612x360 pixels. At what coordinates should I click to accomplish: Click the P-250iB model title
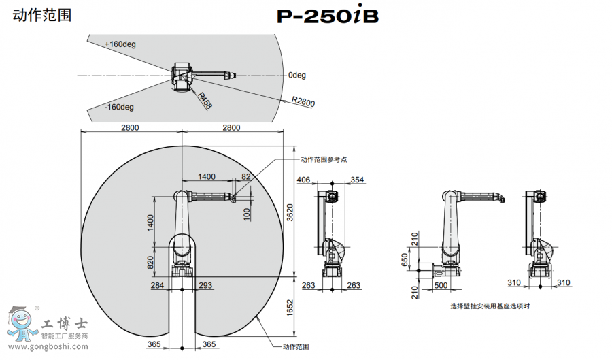pyautogui.click(x=327, y=16)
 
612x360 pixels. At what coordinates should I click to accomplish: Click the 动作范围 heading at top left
pyautogui.click(x=42, y=14)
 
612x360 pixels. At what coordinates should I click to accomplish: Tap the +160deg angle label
pyautogui.click(x=120, y=44)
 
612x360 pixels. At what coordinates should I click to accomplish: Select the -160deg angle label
pyautogui.click(x=119, y=107)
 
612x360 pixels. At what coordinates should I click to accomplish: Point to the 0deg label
pyautogui.click(x=297, y=75)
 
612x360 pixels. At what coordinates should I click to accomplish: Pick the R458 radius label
pyautogui.click(x=205, y=100)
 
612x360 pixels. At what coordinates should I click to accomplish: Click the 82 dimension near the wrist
pyautogui.click(x=246, y=177)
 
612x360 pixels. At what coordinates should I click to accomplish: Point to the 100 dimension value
pyautogui.click(x=247, y=213)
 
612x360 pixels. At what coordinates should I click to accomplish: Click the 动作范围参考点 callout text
pyautogui.click(x=324, y=159)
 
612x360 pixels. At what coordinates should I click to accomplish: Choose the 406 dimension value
pyautogui.click(x=304, y=180)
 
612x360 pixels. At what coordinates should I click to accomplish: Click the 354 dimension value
pyautogui.click(x=358, y=180)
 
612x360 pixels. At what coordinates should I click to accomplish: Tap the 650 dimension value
pyautogui.click(x=405, y=261)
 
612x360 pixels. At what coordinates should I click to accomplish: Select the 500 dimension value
pyautogui.click(x=441, y=286)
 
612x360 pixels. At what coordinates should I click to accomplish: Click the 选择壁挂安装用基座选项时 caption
pyautogui.click(x=490, y=306)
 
